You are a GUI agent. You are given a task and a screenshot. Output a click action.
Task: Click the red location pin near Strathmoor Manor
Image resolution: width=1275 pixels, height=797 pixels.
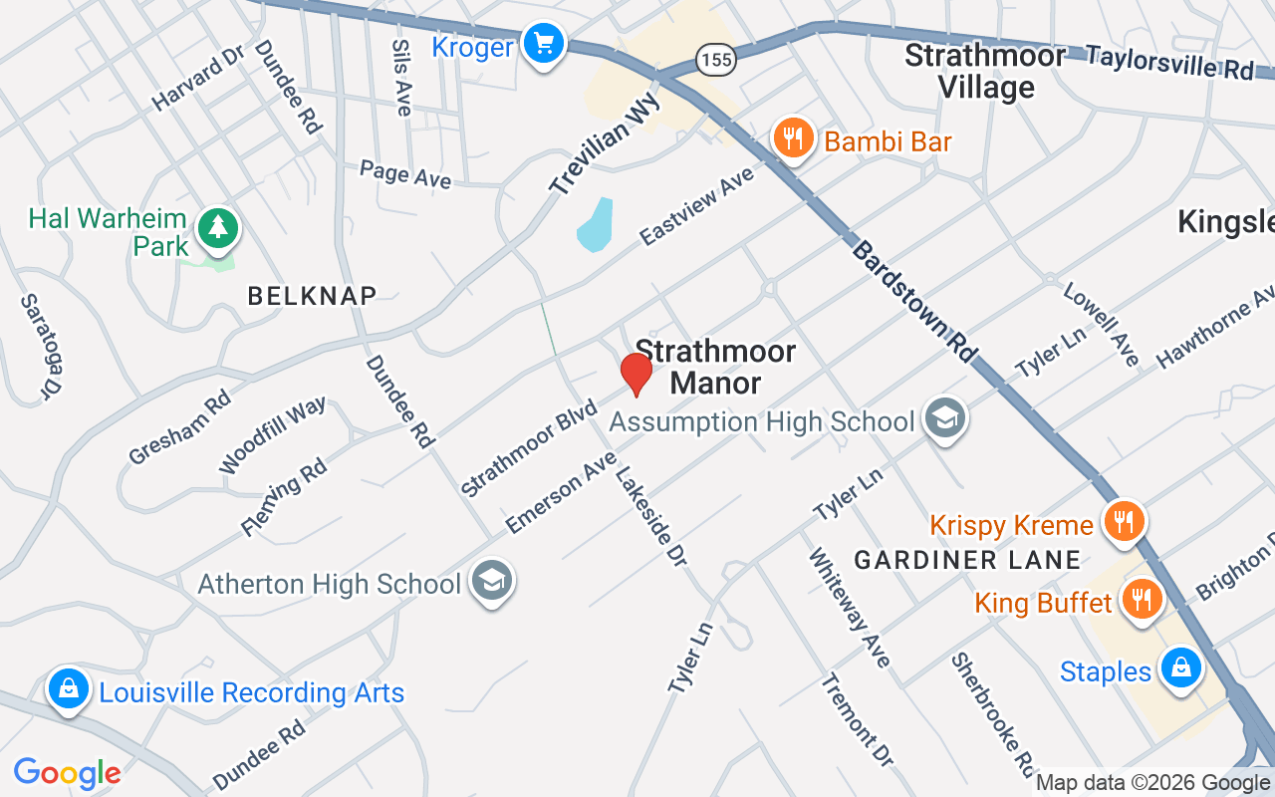pos(636,374)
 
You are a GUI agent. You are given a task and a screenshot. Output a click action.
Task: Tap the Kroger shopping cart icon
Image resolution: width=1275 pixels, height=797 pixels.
pos(544,45)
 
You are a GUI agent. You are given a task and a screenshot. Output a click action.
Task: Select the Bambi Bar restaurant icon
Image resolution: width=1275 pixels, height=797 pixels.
pos(793,139)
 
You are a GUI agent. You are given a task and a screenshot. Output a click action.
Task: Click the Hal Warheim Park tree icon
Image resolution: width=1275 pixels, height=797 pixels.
pos(217,228)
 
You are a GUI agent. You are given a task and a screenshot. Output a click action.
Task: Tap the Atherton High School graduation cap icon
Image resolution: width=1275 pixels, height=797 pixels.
pos(491,581)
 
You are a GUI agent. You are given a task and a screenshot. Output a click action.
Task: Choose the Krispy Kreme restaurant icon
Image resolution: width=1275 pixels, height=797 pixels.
pos(1124,521)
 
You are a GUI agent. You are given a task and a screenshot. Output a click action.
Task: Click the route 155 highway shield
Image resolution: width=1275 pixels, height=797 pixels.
pos(716,61)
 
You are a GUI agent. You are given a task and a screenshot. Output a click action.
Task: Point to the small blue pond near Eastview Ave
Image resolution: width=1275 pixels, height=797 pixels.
pos(594,226)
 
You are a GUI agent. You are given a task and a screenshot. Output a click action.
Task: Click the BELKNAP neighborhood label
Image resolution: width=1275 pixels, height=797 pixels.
pos(312,295)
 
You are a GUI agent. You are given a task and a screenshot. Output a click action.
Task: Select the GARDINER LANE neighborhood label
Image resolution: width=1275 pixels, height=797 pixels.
pos(967,560)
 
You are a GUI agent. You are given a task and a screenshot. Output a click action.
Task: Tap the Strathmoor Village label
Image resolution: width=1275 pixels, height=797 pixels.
pos(984,72)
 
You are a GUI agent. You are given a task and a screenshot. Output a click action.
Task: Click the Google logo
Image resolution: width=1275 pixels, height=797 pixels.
pos(68,772)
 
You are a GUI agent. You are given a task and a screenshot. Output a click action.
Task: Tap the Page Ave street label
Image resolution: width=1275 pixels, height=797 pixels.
pos(405,174)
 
